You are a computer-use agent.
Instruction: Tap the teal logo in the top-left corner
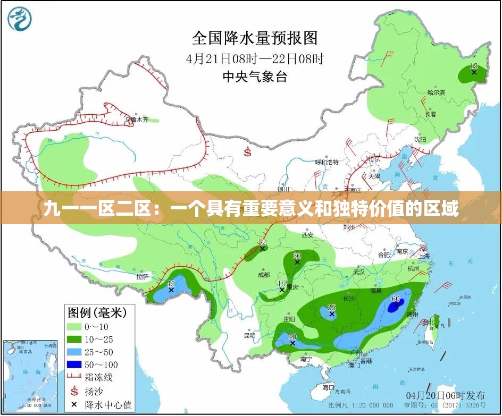(x=20, y=19)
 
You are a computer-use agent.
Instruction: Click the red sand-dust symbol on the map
(x=247, y=152)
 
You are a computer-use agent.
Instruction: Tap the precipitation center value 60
(x=396, y=299)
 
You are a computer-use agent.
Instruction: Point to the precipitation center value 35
(x=331, y=308)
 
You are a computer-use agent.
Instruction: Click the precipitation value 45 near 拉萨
(x=171, y=284)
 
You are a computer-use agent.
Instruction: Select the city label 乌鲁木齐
(x=137, y=120)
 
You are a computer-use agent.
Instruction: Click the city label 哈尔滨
(x=436, y=92)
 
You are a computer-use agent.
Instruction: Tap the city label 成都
(x=263, y=275)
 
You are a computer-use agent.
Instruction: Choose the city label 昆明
(x=249, y=335)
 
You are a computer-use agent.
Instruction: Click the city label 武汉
(x=359, y=271)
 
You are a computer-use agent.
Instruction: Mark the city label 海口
(x=328, y=387)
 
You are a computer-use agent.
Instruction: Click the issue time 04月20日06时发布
(x=445, y=395)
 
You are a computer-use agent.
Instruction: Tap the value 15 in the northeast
(x=474, y=66)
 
